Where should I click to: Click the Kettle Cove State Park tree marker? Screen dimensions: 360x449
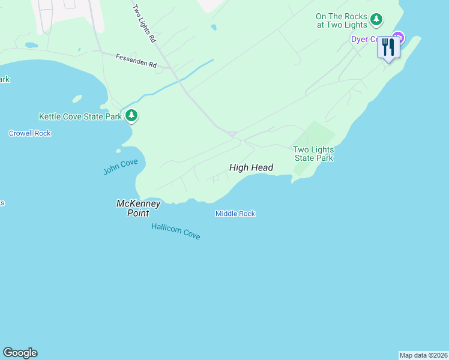(x=131, y=116)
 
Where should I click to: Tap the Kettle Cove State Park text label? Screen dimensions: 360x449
(x=80, y=116)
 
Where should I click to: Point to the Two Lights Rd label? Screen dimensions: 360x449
(x=144, y=23)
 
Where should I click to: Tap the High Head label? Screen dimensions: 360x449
(x=251, y=168)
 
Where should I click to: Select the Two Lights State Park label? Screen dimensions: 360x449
(x=313, y=154)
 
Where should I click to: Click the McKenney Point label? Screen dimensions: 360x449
(x=138, y=208)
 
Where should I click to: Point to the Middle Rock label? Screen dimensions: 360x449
(x=235, y=214)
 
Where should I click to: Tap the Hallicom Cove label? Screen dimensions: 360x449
(x=175, y=231)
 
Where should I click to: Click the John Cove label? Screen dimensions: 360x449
(x=121, y=166)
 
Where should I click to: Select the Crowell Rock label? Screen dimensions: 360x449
(x=29, y=133)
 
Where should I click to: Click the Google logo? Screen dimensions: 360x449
(x=20, y=353)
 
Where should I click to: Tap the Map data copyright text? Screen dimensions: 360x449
(x=423, y=355)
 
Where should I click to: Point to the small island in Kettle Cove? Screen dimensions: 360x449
(x=76, y=99)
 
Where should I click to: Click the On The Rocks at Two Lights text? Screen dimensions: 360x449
(x=341, y=20)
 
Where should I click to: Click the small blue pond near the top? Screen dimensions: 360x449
(x=214, y=27)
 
